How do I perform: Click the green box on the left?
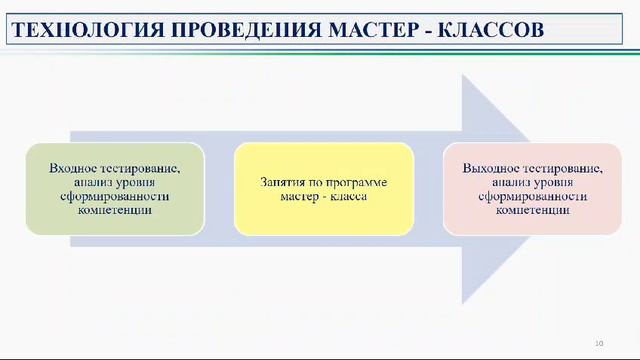pyautogui.click(x=114, y=189)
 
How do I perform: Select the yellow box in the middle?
pyautogui.click(x=323, y=189)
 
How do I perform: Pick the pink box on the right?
pyautogui.click(x=532, y=189)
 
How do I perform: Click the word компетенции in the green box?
pyautogui.click(x=114, y=211)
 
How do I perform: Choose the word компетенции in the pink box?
pyautogui.click(x=532, y=211)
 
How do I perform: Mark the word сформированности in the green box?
pyautogui.click(x=114, y=197)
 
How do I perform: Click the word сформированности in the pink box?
pyautogui.click(x=532, y=197)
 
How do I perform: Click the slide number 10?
pyautogui.click(x=598, y=343)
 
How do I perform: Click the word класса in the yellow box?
pyautogui.click(x=350, y=197)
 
